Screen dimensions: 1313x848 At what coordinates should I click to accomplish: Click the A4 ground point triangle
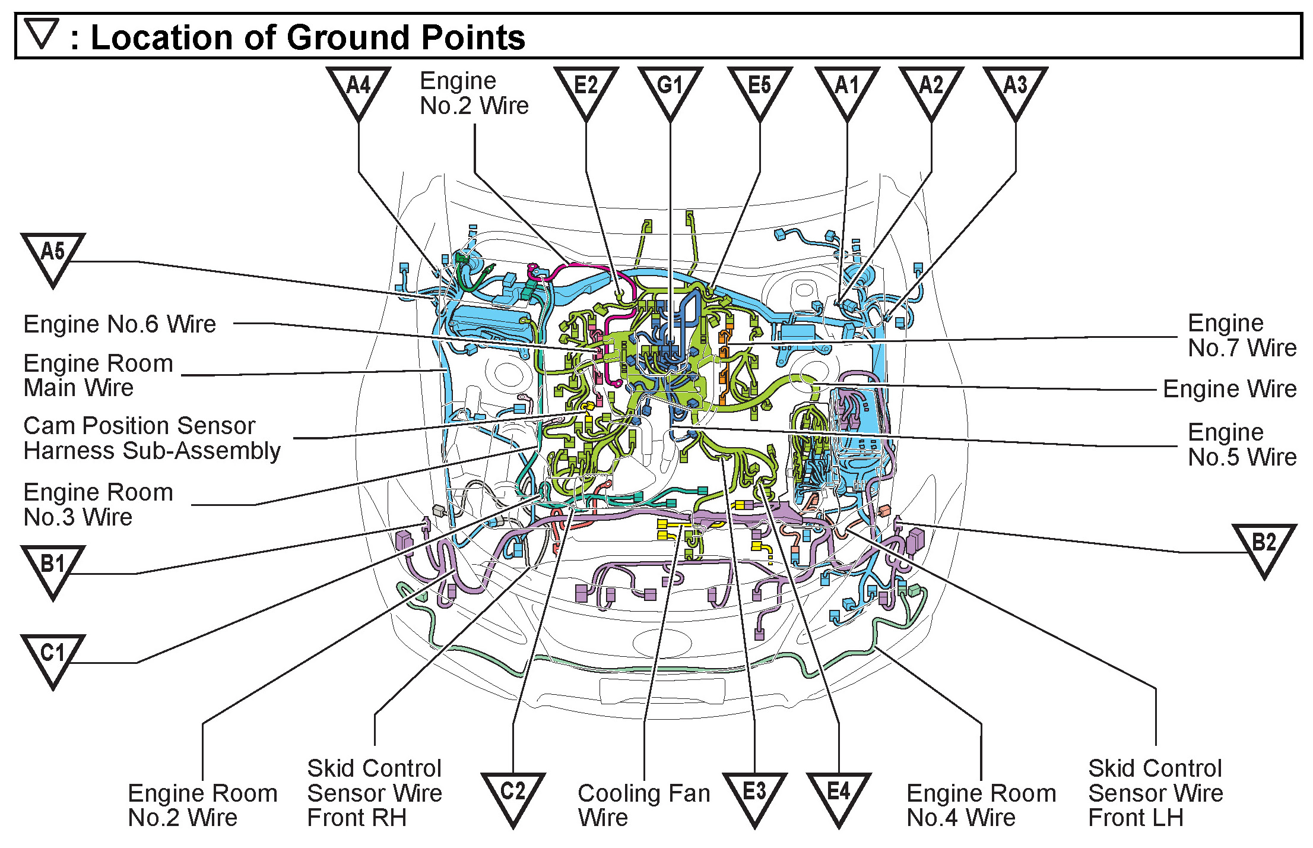[358, 90]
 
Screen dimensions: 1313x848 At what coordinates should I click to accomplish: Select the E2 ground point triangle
[586, 90]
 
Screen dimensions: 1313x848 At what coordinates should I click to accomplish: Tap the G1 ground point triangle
[670, 90]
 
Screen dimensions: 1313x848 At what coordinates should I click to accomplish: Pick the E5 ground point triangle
[760, 90]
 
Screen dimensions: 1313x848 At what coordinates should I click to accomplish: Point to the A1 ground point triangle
[847, 90]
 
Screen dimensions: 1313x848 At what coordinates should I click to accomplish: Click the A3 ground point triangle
[1015, 90]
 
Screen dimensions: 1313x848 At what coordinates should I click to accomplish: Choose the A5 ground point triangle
[53, 257]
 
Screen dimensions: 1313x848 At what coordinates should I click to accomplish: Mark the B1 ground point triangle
[53, 569]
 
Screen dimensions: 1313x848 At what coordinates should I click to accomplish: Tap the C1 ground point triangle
[53, 658]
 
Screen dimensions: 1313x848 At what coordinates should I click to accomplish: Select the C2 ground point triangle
[513, 796]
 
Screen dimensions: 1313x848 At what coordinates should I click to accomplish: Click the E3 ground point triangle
[754, 796]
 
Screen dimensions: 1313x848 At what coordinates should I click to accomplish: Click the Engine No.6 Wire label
[120, 324]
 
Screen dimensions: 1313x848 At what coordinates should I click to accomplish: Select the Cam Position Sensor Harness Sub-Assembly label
[152, 438]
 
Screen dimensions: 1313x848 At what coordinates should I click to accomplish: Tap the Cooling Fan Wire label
[643, 805]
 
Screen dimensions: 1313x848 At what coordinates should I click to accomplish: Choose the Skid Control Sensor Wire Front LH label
[1155, 793]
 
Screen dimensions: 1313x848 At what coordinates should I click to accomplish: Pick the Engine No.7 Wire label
[1242, 336]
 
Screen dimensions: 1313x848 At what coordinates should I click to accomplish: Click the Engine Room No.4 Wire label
[981, 805]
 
